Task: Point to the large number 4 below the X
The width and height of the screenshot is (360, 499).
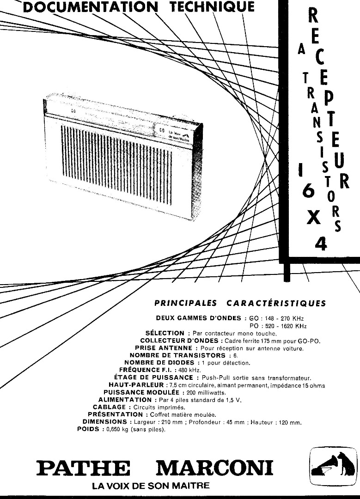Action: (320, 243)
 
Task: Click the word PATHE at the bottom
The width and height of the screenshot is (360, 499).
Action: (83, 468)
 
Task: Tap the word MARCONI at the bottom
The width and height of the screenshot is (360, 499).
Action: (214, 468)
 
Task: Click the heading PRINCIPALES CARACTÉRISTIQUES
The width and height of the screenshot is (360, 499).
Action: (240, 304)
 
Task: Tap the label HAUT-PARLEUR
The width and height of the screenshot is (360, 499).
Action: (136, 385)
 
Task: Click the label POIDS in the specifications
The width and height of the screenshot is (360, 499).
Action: (88, 429)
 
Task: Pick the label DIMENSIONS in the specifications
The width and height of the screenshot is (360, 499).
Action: (104, 422)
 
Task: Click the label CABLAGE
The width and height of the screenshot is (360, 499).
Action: (110, 407)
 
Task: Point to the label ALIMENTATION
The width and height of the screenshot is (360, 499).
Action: (125, 400)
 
